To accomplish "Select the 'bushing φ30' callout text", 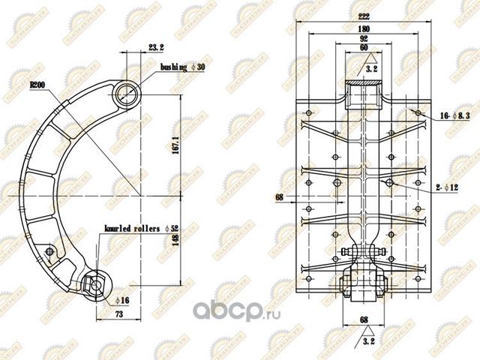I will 182,67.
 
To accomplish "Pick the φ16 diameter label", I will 123,300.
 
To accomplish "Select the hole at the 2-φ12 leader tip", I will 388,183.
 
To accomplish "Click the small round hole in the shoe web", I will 49,250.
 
